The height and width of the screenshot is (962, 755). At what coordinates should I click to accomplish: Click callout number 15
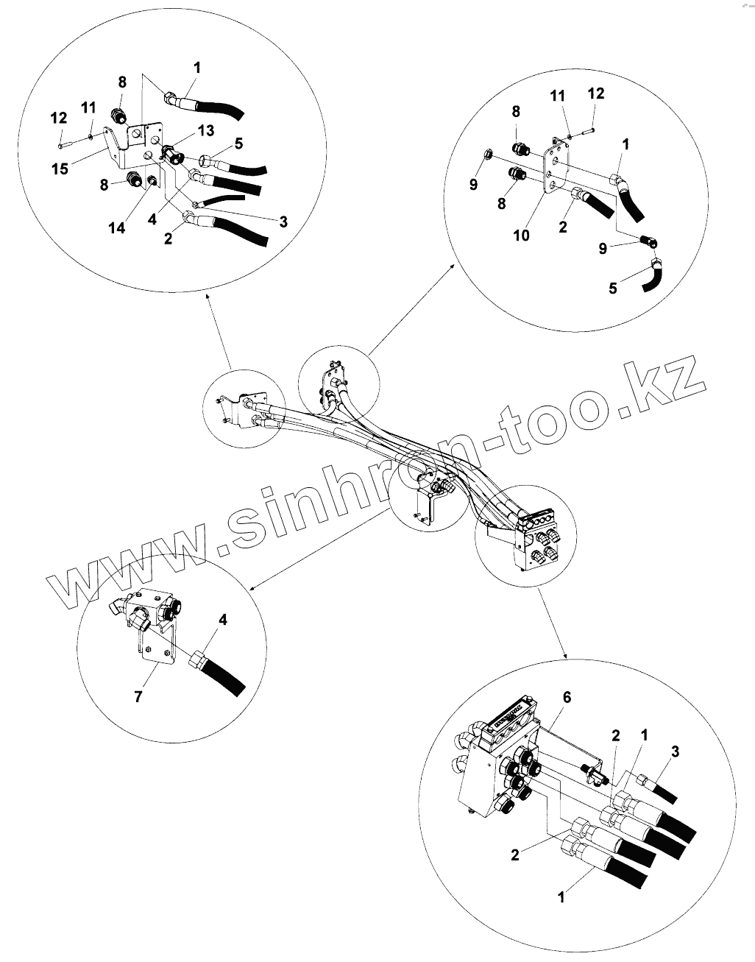click(60, 169)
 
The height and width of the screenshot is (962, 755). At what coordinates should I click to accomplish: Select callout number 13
click(205, 130)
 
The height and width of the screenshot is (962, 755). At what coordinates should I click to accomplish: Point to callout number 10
click(521, 235)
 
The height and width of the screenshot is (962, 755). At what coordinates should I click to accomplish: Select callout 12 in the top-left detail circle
click(58, 118)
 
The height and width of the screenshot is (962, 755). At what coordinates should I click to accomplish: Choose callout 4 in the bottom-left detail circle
click(223, 620)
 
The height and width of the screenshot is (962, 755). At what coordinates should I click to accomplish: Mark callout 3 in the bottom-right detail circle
click(676, 750)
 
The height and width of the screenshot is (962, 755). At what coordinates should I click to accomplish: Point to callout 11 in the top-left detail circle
click(88, 107)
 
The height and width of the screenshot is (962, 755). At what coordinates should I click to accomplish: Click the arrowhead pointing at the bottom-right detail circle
click(565, 657)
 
